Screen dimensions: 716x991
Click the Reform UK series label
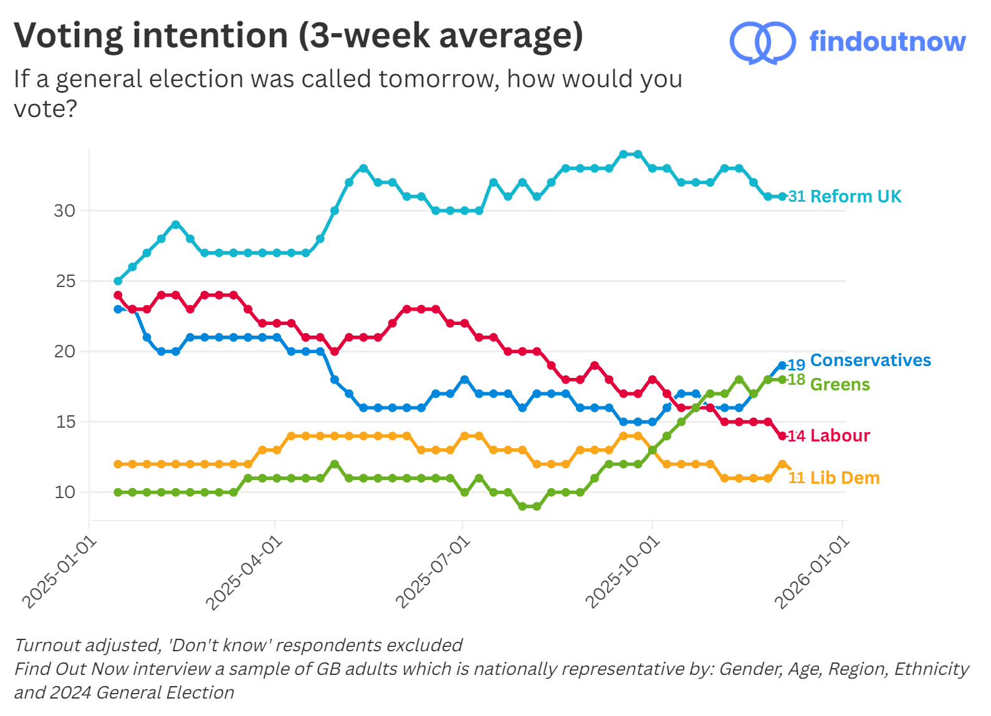[855, 197]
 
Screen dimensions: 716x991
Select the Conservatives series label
[870, 360]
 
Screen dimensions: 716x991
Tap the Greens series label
[840, 385]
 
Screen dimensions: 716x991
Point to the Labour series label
[840, 436]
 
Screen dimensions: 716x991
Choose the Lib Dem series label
[845, 478]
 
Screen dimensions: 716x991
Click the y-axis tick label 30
[64, 211]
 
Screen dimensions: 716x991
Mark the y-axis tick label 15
[65, 422]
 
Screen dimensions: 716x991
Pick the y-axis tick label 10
[65, 492]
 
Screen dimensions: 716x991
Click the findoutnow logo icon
[762, 42]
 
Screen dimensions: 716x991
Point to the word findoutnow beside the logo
[887, 42]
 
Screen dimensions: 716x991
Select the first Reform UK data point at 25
[118, 281]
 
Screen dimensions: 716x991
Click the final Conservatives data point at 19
[782, 365]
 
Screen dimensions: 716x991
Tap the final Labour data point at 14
[782, 436]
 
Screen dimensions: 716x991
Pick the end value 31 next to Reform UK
[797, 197]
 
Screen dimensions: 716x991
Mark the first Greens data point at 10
[118, 492]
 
